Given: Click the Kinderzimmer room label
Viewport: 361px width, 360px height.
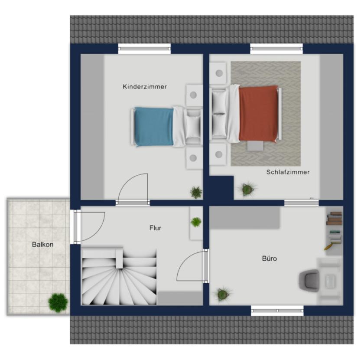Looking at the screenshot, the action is (x=145, y=87).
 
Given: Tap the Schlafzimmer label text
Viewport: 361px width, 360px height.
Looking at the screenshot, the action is (x=288, y=172).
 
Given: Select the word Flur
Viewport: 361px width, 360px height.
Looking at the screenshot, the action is (x=155, y=228).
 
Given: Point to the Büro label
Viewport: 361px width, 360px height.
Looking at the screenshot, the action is (x=270, y=259).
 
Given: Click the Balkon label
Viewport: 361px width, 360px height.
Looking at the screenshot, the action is (x=42, y=244).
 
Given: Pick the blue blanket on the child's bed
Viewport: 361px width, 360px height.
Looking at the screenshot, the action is (x=154, y=127).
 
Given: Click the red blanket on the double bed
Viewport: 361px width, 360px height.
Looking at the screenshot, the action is (x=258, y=113).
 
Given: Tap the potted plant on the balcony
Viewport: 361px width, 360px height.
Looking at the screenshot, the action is (x=58, y=302).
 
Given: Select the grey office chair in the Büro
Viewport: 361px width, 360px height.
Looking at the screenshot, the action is (x=309, y=280).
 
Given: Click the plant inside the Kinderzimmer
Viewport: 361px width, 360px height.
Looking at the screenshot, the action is (x=196, y=192).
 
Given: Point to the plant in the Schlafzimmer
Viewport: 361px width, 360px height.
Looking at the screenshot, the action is (x=247, y=189).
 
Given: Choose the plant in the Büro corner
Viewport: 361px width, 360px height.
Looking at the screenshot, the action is (x=223, y=294).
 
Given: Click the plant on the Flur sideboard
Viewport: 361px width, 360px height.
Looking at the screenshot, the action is (x=196, y=222).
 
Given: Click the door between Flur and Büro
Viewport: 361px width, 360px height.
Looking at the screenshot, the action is (x=206, y=266).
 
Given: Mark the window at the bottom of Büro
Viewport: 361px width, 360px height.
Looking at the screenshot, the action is (x=277, y=311).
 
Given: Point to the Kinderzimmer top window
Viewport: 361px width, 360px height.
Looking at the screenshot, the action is (x=144, y=49).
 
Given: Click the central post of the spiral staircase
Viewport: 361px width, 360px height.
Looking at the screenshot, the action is (x=119, y=259).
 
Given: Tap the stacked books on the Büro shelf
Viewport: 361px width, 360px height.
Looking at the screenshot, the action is (x=335, y=218).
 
